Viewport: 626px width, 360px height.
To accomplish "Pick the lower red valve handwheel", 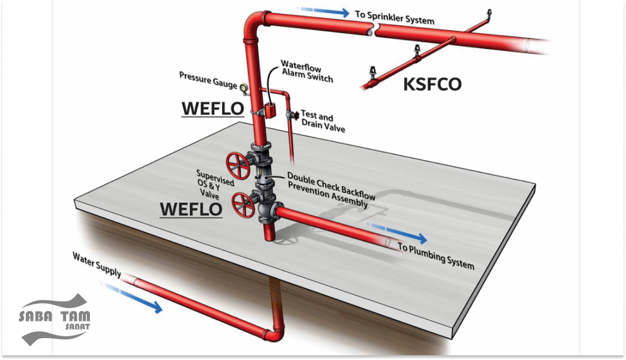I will click(x=243, y=205).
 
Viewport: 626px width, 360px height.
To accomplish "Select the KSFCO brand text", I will click(x=432, y=84).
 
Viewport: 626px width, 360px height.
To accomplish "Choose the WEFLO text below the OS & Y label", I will click(x=191, y=209).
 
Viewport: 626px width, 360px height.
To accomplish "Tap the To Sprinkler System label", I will click(x=394, y=17).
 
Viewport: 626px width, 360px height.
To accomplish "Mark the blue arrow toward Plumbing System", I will click(x=398, y=233).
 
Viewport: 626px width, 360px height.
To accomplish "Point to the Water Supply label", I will click(x=97, y=264).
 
